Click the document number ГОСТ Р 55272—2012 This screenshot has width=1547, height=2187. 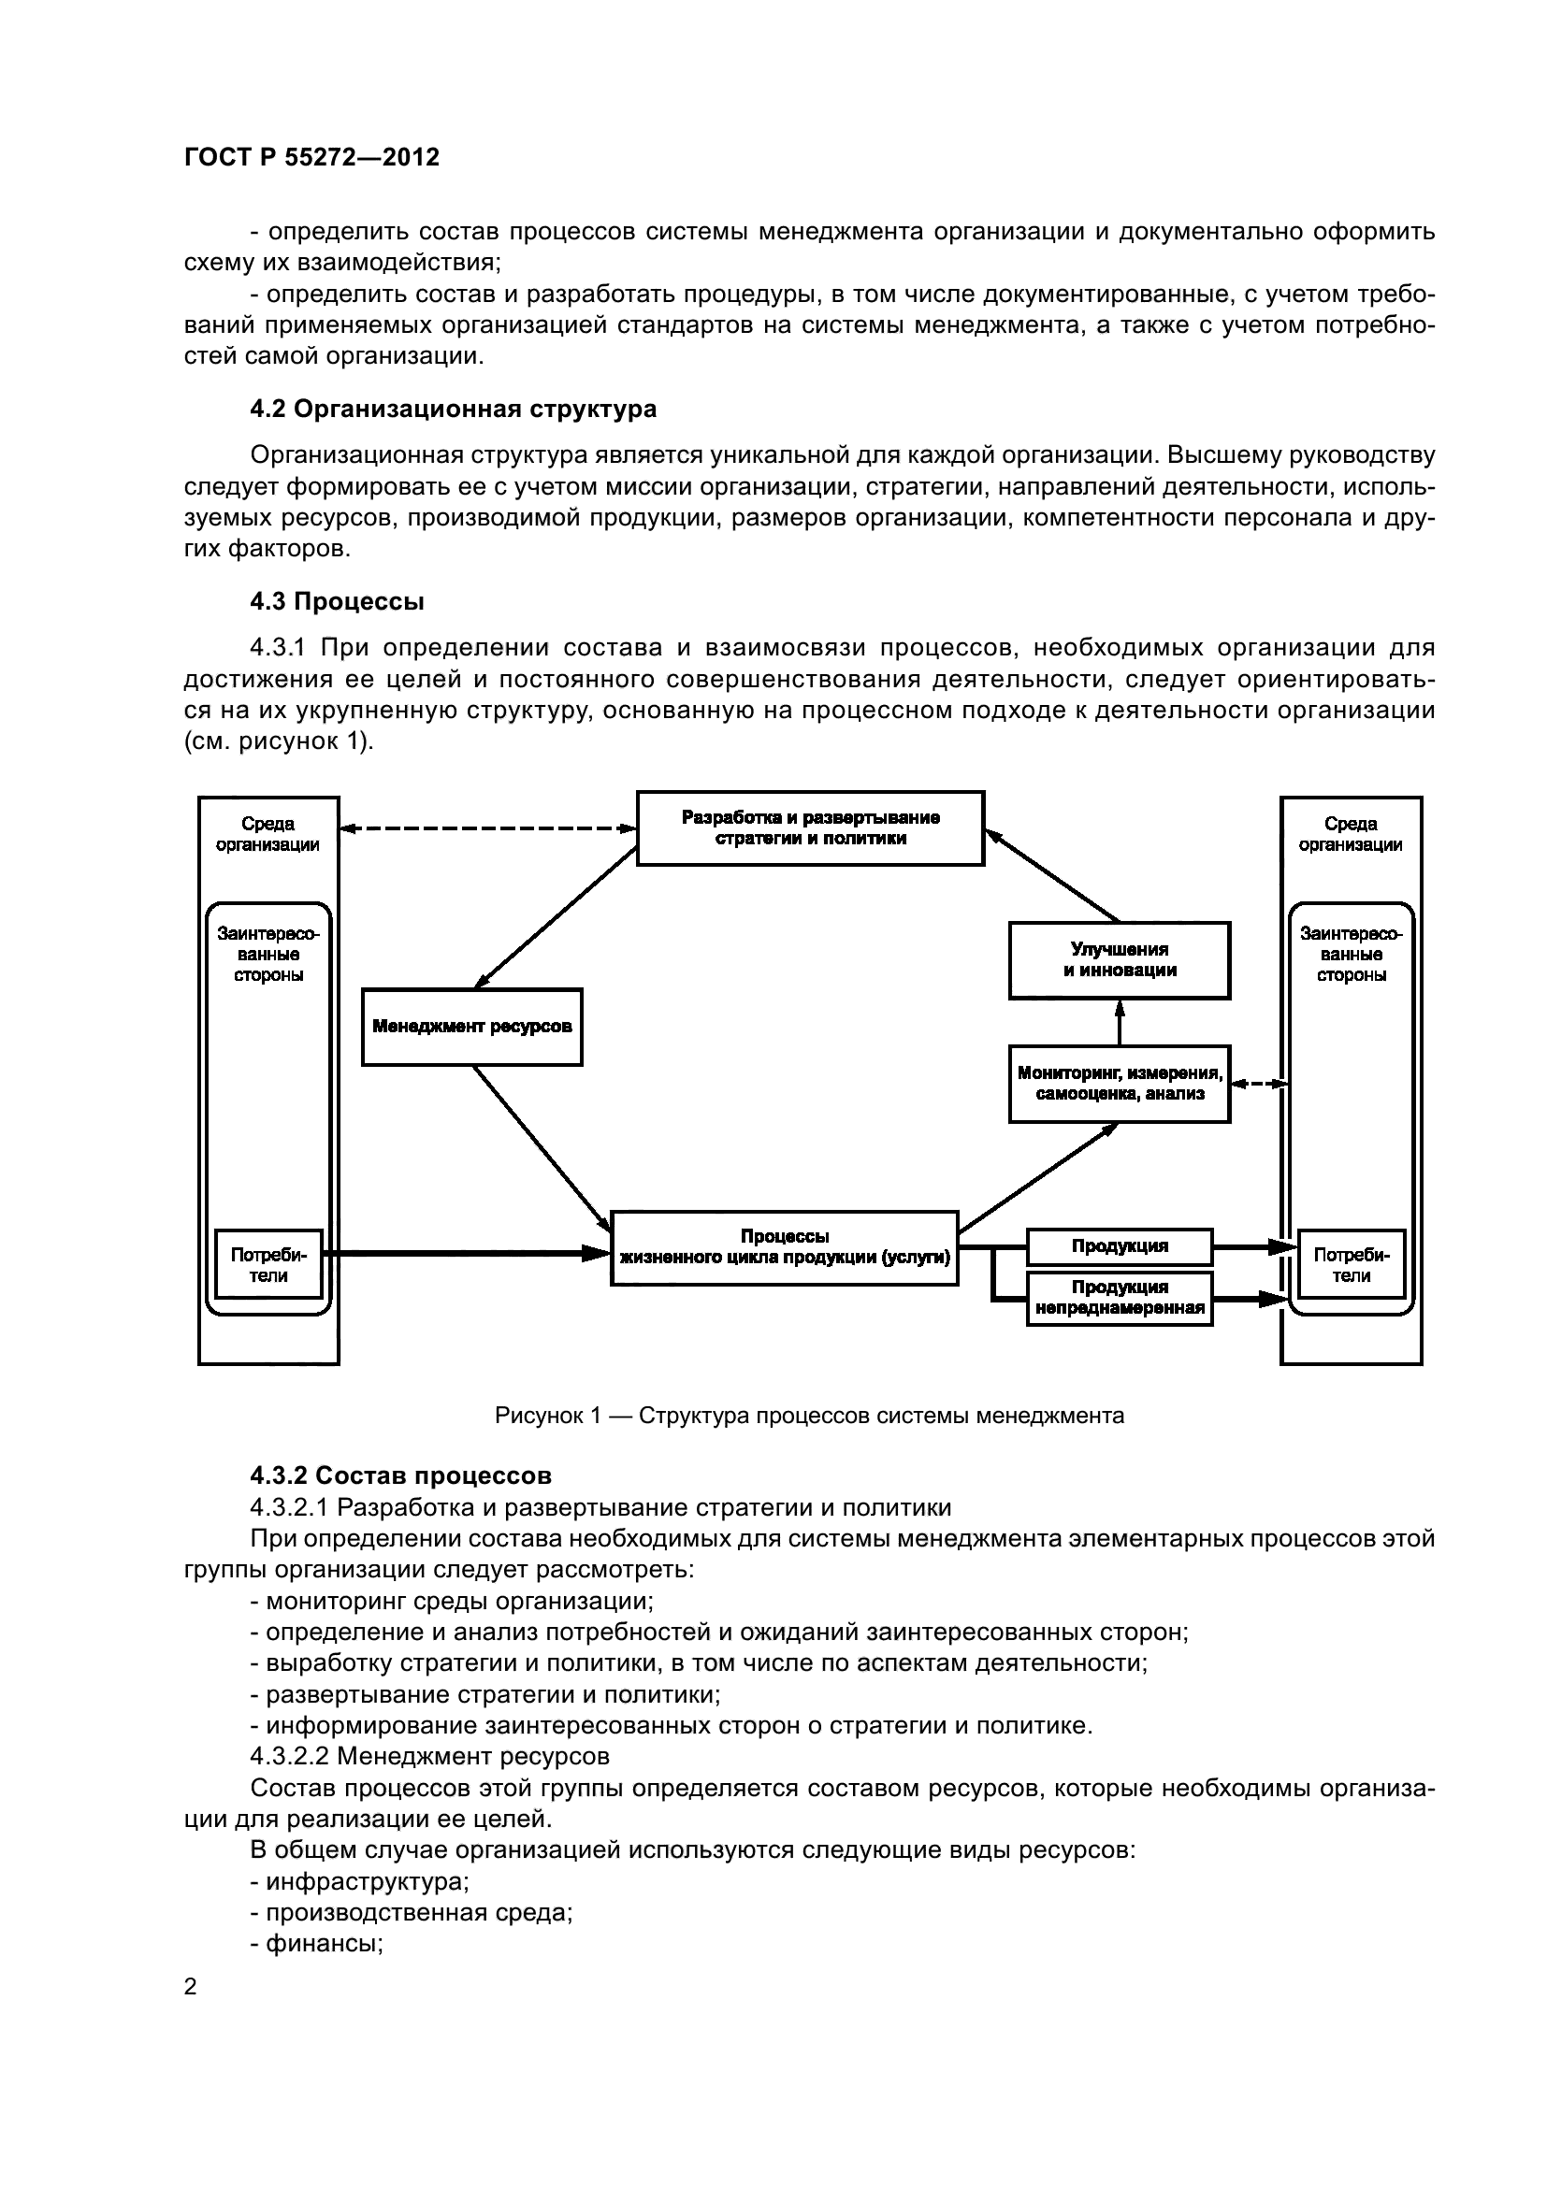[x=311, y=157]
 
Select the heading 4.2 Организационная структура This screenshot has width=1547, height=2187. [x=453, y=410]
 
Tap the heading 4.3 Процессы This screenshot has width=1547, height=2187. [x=337, y=602]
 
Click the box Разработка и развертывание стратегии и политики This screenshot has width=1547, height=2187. [x=810, y=827]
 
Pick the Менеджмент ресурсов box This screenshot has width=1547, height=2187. [x=471, y=1027]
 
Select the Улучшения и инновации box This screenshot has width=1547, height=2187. [x=1120, y=960]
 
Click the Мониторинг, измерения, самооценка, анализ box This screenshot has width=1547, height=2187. [x=1120, y=1084]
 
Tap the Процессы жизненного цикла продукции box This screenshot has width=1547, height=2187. [x=784, y=1248]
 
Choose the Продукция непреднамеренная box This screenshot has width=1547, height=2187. [x=1120, y=1299]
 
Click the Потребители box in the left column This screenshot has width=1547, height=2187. [x=268, y=1265]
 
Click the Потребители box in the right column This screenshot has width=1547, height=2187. [x=1351, y=1265]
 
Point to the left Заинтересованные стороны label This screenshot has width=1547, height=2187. [x=268, y=955]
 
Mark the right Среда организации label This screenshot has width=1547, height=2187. [x=1350, y=834]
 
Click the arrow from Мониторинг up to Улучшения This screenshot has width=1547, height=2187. [x=1120, y=1023]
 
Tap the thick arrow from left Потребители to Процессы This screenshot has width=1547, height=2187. [x=467, y=1254]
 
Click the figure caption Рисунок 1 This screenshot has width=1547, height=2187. [x=809, y=1416]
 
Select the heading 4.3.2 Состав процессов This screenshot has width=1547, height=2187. [x=400, y=1475]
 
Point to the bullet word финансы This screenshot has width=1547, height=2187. [x=324, y=1943]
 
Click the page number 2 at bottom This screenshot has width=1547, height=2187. [x=191, y=1986]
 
